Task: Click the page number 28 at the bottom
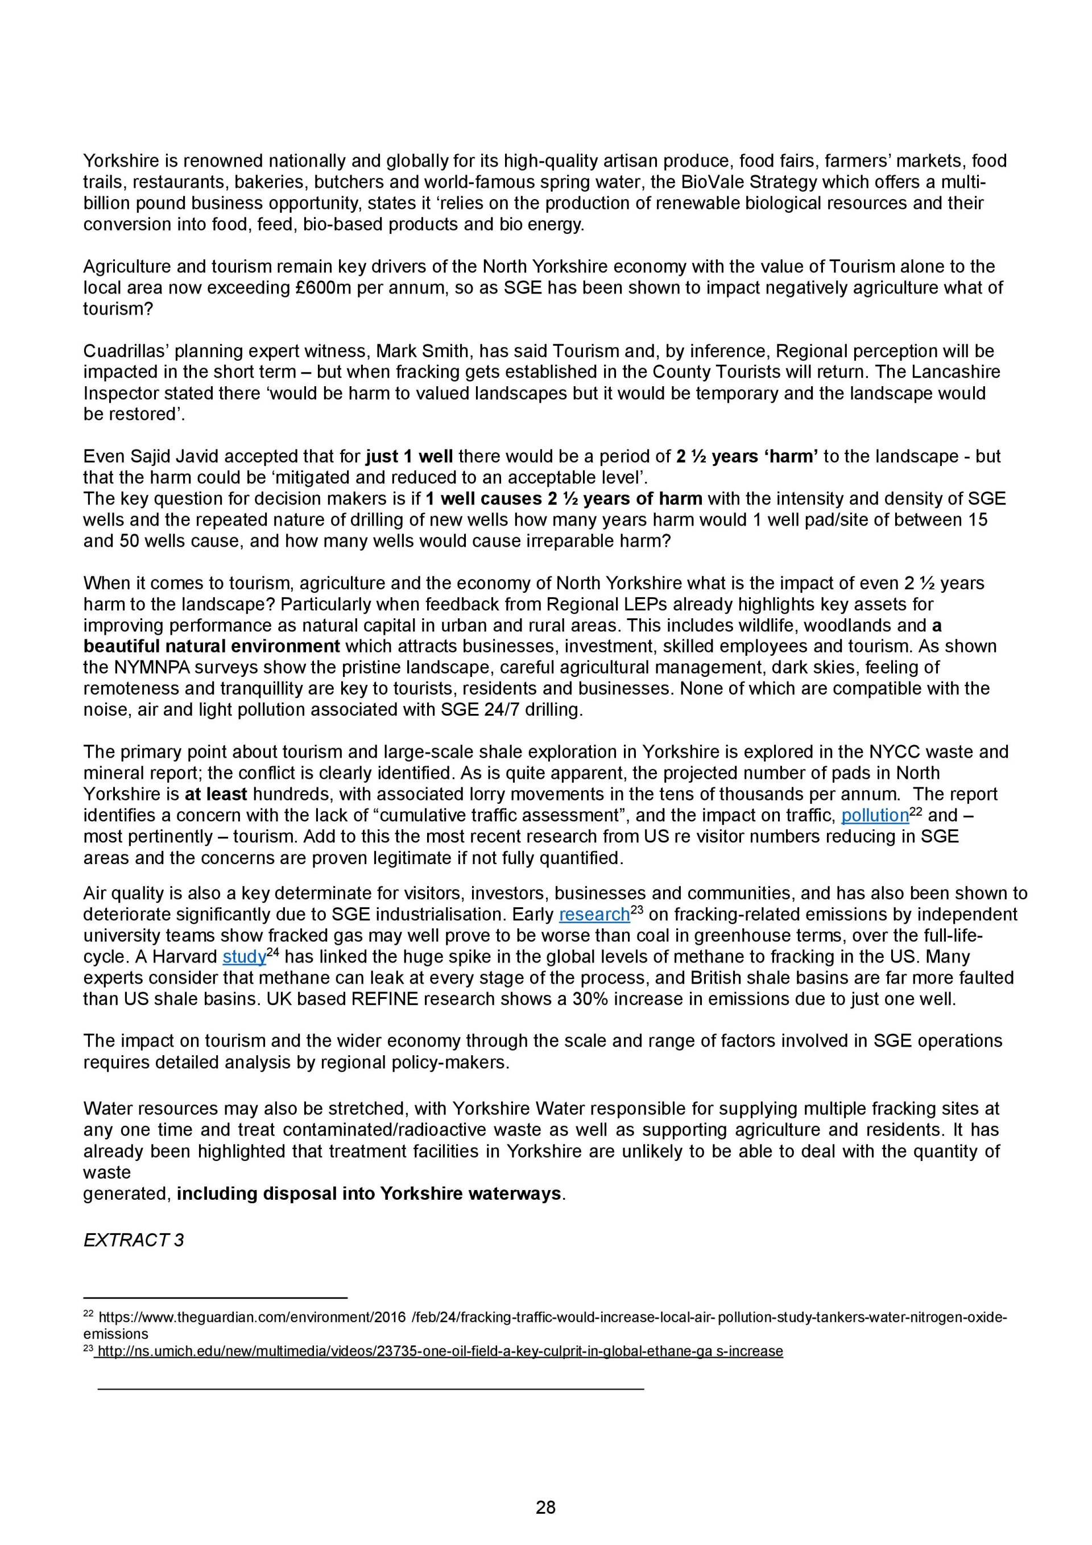point(545,1507)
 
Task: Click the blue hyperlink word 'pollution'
point(875,816)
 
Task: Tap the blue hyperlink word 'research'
point(594,915)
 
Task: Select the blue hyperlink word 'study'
point(244,957)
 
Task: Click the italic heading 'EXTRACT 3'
point(133,1240)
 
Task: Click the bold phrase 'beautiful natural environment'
point(211,647)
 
